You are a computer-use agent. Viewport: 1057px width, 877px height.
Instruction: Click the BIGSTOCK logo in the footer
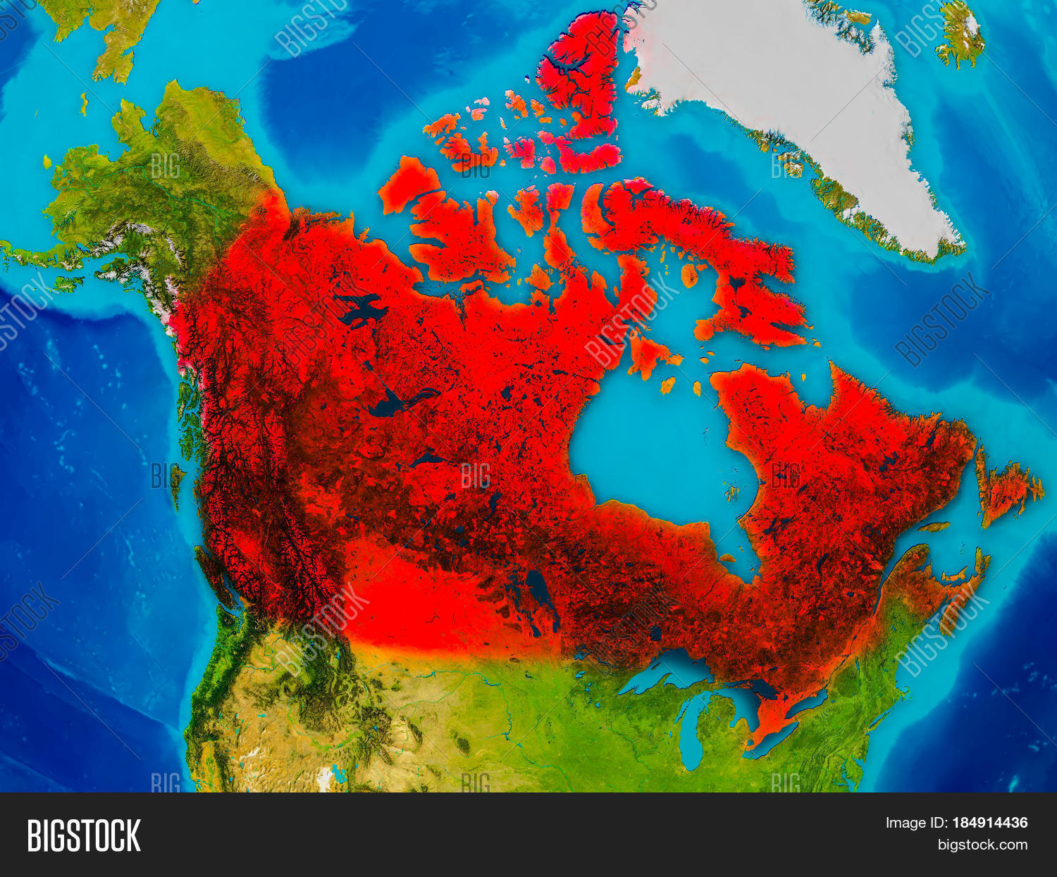coord(84,835)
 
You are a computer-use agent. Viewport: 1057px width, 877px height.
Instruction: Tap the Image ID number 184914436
coord(989,823)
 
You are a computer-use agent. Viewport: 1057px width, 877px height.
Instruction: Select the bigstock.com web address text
coord(982,845)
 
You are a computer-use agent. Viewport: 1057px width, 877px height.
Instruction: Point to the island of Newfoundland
coord(1008,490)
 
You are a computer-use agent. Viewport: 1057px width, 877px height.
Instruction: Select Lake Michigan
coord(694,733)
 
